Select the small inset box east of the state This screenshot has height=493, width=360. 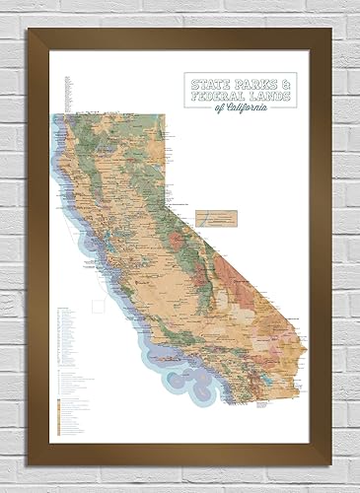tap(219, 214)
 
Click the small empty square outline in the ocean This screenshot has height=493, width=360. tap(99, 305)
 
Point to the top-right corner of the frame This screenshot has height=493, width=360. tap(332, 32)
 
